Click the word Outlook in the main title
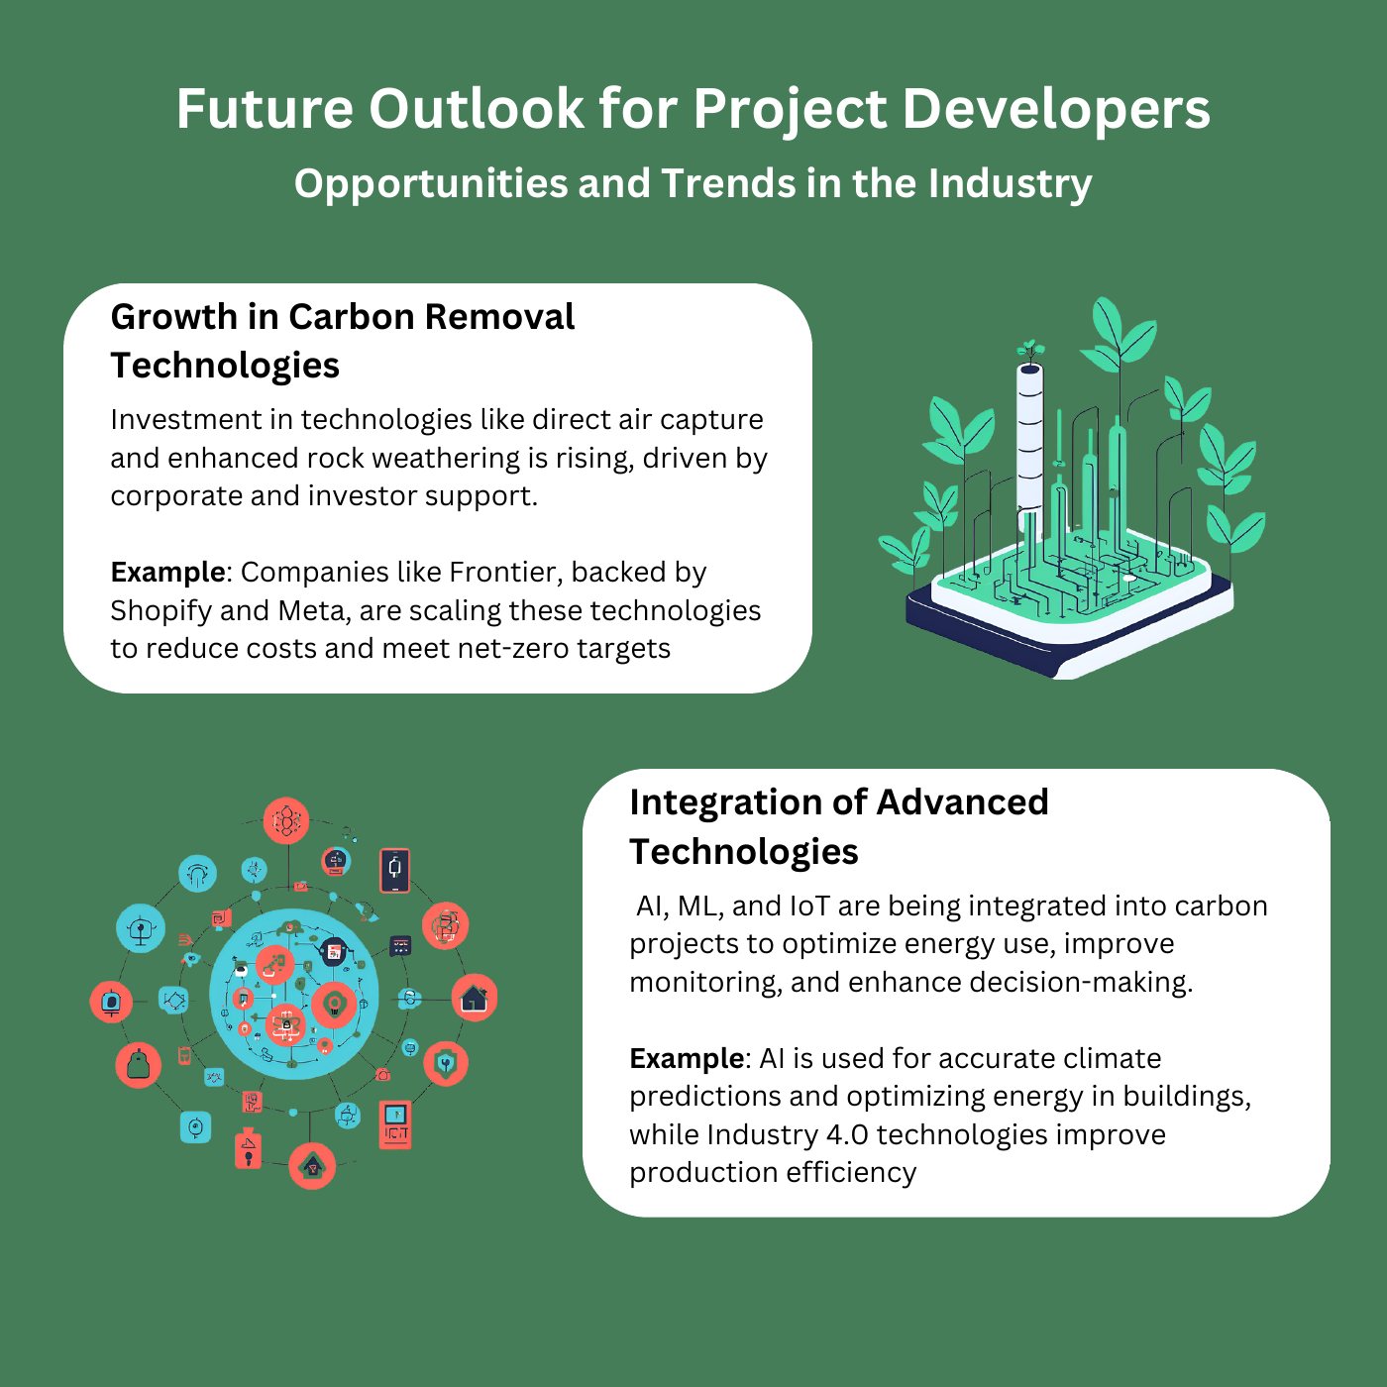(x=477, y=109)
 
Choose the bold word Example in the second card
(x=687, y=1059)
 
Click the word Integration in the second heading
(x=725, y=803)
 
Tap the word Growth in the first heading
(x=174, y=317)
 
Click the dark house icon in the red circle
(x=475, y=998)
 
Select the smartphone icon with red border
(x=394, y=870)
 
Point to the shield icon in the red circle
(x=446, y=1062)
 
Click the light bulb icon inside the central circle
(x=334, y=1004)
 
